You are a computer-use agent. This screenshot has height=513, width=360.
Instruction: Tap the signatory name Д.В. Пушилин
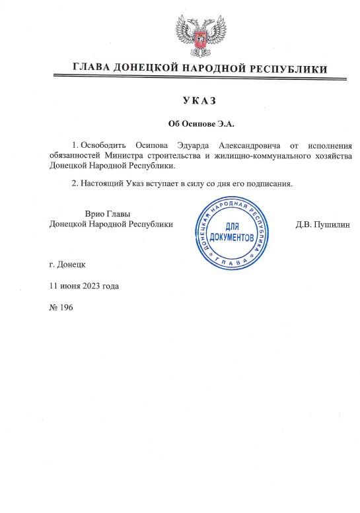[x=322, y=224]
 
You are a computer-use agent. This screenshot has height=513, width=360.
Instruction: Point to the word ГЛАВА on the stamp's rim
[x=231, y=262]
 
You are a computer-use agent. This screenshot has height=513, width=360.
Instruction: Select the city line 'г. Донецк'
[x=67, y=264]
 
